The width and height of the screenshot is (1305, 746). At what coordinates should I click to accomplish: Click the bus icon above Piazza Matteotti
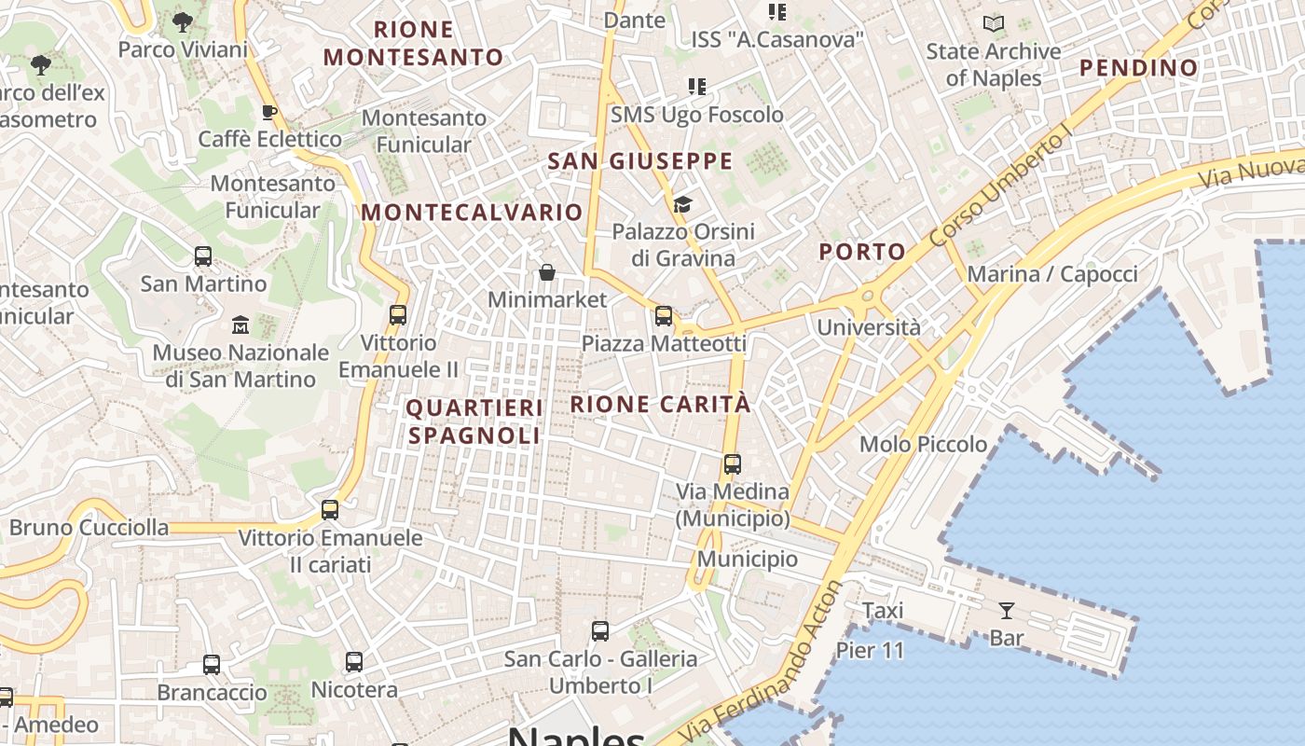coord(664,316)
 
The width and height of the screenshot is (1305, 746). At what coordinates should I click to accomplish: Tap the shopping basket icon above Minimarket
coord(547,272)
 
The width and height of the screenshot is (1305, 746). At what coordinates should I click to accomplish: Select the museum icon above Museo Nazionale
coord(240,325)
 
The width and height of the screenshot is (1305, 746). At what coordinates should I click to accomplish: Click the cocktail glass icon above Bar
coord(1007,611)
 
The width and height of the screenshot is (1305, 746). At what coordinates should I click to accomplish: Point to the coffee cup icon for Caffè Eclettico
coord(269,113)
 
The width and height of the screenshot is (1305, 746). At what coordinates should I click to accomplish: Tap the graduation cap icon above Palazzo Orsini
coord(683,204)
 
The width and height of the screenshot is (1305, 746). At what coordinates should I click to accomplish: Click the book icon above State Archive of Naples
coord(994,24)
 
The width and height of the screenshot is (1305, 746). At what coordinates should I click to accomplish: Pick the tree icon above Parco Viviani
coord(183,21)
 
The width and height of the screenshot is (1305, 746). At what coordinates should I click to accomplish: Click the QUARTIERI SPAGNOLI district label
coord(474,421)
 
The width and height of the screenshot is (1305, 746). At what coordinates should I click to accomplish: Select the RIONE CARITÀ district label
coord(660,404)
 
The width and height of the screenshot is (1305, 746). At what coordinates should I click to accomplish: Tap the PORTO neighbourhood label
coord(862,251)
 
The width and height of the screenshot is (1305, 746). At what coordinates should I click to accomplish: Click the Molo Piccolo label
coord(923,444)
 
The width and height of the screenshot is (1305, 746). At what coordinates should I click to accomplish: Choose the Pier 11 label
coord(870,650)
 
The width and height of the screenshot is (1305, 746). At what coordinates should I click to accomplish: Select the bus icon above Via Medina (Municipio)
coord(733,463)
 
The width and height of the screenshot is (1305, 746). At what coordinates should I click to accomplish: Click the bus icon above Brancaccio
coord(212,665)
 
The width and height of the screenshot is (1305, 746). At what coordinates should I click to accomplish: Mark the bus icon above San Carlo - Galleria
coord(600,631)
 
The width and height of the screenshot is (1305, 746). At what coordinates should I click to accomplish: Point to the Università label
coord(868,327)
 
